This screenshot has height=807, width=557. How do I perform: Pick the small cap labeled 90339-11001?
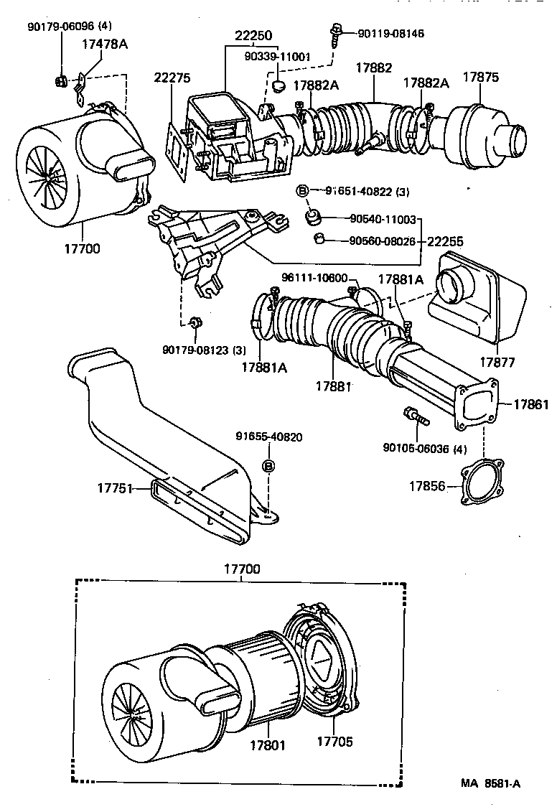pos(279,86)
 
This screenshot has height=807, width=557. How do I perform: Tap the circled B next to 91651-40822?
pos(303,191)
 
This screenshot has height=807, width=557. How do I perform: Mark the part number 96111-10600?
pos(314,279)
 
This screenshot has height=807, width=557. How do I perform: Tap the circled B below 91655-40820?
pos(269,466)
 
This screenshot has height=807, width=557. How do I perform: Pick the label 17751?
pos(115,488)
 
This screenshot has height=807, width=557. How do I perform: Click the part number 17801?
pos(267,745)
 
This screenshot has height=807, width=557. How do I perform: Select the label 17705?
pos(334,741)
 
